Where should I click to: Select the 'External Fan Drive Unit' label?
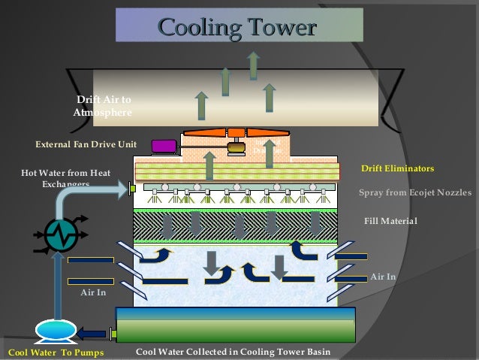(86, 144)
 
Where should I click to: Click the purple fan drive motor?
(163, 146)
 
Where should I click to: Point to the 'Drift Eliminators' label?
(397, 168)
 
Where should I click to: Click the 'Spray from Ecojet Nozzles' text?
(414, 192)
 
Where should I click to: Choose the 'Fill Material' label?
(390, 221)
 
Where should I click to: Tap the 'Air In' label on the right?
(383, 277)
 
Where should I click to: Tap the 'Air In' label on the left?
(93, 293)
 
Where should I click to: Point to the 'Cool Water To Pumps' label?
(55, 352)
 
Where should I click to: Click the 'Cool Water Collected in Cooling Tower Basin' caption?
(233, 352)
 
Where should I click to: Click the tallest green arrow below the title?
(254, 66)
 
